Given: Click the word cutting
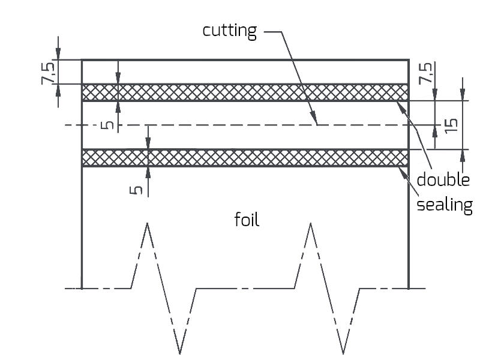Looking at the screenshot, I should (x=229, y=31).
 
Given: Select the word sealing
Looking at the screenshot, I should (x=445, y=205).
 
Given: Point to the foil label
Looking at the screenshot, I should (x=247, y=220).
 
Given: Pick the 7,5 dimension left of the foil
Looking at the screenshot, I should (x=50, y=72).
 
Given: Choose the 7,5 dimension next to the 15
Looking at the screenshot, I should (x=426, y=73).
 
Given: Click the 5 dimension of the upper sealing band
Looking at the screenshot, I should (x=107, y=125).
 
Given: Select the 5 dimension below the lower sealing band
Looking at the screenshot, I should (x=137, y=188).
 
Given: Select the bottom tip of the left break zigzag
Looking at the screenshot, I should (x=179, y=352).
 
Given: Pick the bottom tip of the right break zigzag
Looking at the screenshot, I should (x=343, y=352).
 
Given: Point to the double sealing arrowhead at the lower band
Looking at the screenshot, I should (x=400, y=169).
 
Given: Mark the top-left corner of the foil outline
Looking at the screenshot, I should (x=82, y=60).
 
